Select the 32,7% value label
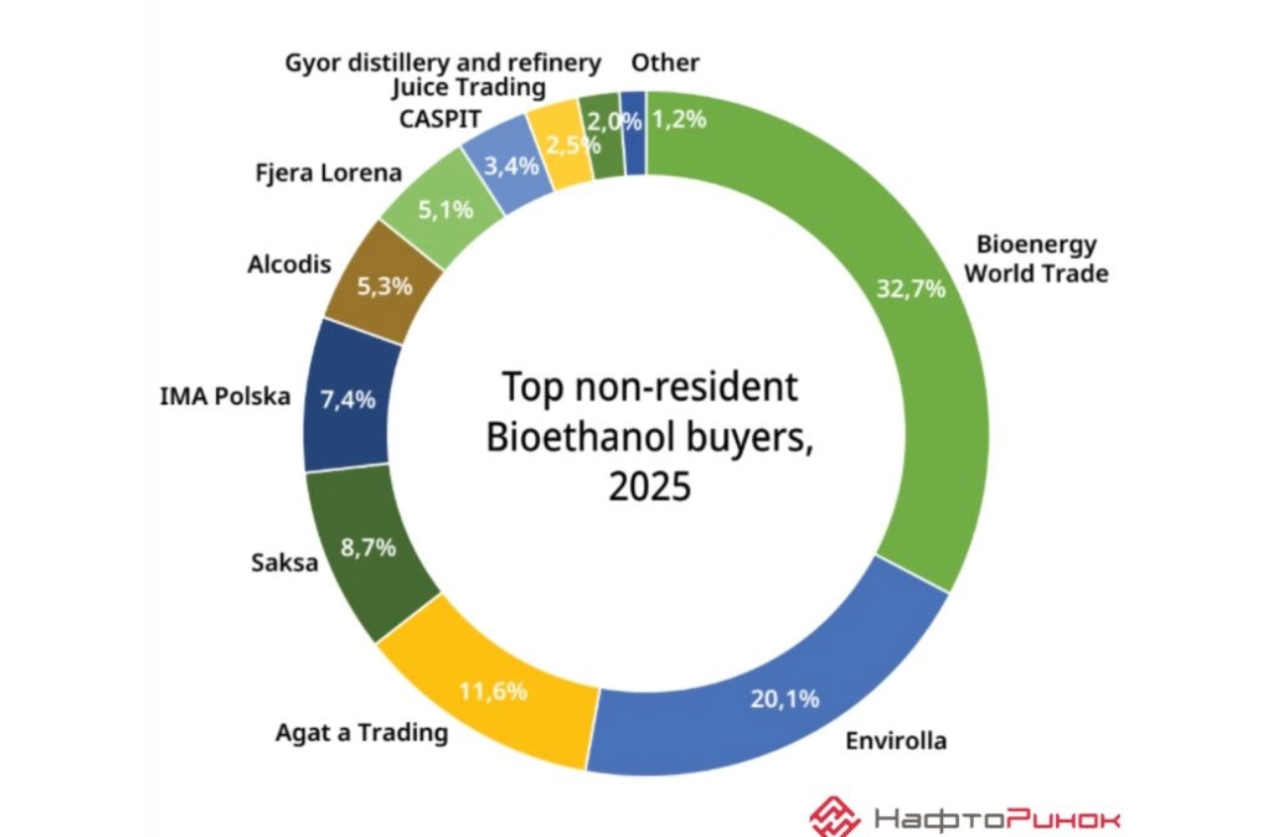pos(911,289)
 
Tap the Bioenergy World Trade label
pos(1036,259)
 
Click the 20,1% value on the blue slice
pos(785,699)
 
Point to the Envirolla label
pos(896,740)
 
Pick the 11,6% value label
pos(492,691)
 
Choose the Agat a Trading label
pos(361,733)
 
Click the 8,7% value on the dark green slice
pos(369,548)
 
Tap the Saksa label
pos(284,564)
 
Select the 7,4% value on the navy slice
pos(348,400)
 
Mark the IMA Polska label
pos(225,397)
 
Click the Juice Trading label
pos(469,88)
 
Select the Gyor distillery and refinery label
pos(443,63)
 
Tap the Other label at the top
pos(666,63)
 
